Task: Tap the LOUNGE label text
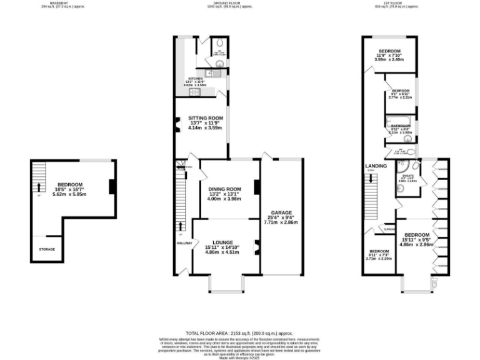(222, 242)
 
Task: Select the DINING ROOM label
(225, 189)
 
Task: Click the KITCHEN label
(196, 79)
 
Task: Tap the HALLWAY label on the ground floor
(184, 243)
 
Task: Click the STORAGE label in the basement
(47, 249)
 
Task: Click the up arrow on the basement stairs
(39, 186)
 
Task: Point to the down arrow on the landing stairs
(372, 178)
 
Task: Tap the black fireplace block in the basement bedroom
(111, 187)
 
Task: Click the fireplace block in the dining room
(256, 187)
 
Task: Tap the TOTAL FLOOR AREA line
(239, 334)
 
